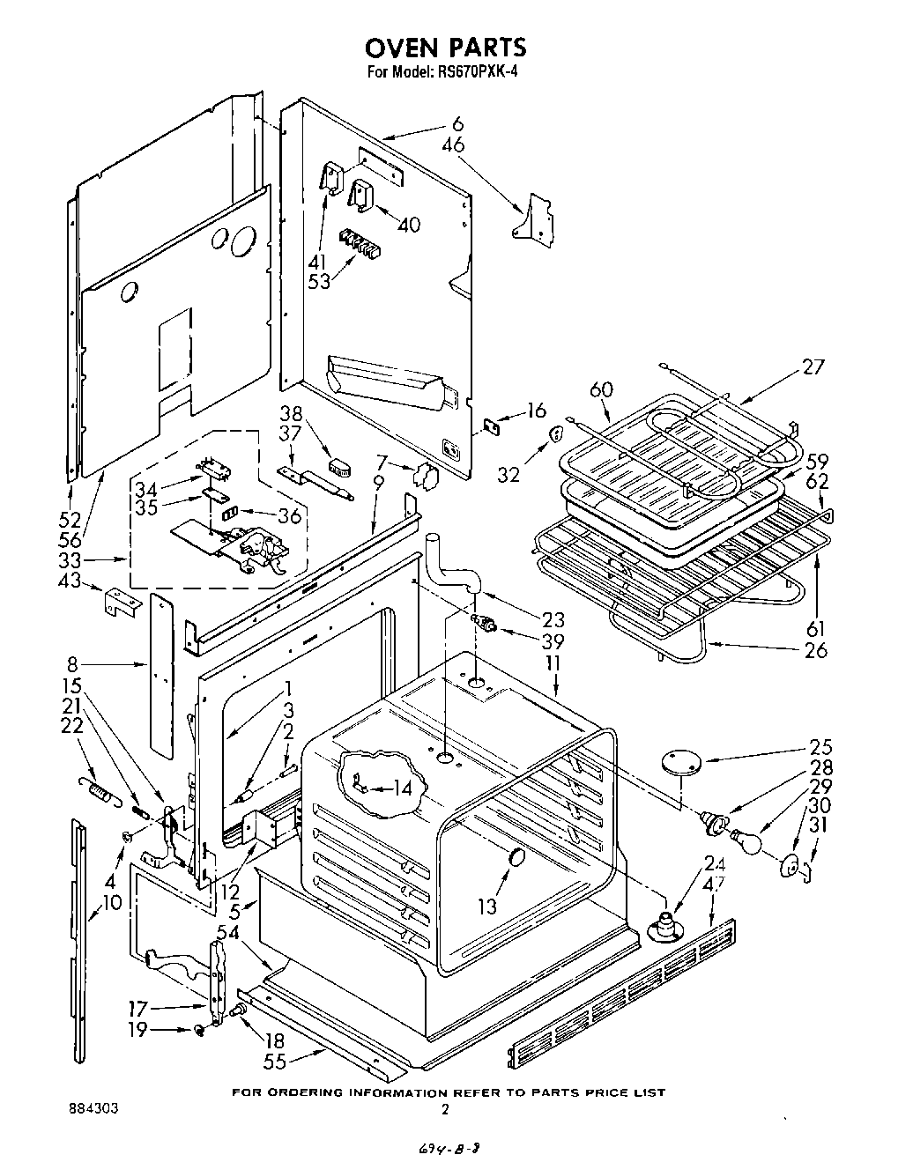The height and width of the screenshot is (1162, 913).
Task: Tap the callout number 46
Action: (x=453, y=145)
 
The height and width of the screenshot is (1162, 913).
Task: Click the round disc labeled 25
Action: (x=679, y=761)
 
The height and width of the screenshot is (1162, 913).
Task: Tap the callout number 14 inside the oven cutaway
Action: (x=401, y=788)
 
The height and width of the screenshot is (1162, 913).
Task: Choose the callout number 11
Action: (x=556, y=662)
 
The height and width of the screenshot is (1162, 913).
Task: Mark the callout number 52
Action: (x=69, y=520)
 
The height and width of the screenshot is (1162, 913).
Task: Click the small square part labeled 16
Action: (x=494, y=426)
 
